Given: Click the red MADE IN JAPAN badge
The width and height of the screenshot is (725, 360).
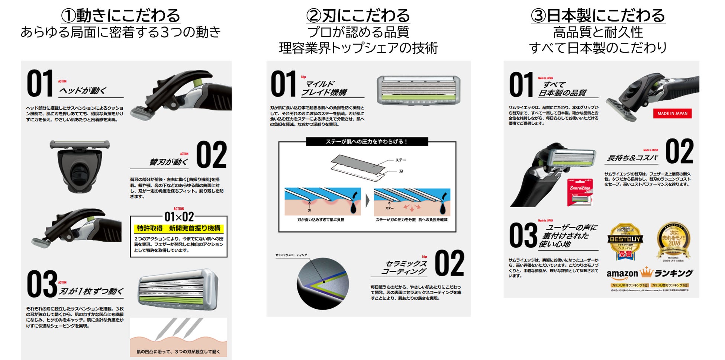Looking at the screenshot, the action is [x=672, y=113].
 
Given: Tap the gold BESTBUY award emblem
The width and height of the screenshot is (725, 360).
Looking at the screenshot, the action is [x=625, y=240].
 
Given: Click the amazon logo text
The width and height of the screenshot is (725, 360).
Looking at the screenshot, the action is [x=622, y=274].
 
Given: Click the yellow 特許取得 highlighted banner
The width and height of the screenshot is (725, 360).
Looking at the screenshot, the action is [x=178, y=228].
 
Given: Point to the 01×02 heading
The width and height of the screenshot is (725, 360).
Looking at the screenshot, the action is [x=179, y=216].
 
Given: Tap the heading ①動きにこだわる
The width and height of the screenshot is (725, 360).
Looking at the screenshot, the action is [x=120, y=16].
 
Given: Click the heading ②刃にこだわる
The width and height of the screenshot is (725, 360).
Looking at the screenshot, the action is [x=358, y=16].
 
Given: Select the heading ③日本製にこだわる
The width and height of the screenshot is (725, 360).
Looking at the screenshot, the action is [x=598, y=16].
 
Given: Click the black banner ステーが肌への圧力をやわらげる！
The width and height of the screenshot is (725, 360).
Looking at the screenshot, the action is [x=367, y=142].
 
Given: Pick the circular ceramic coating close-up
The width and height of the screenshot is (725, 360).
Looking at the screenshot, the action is [x=323, y=283].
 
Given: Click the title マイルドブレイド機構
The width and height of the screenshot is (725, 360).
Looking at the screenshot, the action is [x=323, y=88].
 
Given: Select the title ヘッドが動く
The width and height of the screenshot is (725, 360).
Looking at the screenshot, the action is [x=83, y=90].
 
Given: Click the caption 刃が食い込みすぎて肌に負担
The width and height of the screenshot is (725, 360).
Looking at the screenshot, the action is [x=320, y=220].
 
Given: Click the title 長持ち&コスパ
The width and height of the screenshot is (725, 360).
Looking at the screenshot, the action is [x=632, y=158].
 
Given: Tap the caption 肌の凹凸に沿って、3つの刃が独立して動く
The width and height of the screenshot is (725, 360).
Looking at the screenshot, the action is [x=178, y=351].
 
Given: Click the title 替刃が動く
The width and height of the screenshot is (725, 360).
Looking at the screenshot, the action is [x=168, y=162].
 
